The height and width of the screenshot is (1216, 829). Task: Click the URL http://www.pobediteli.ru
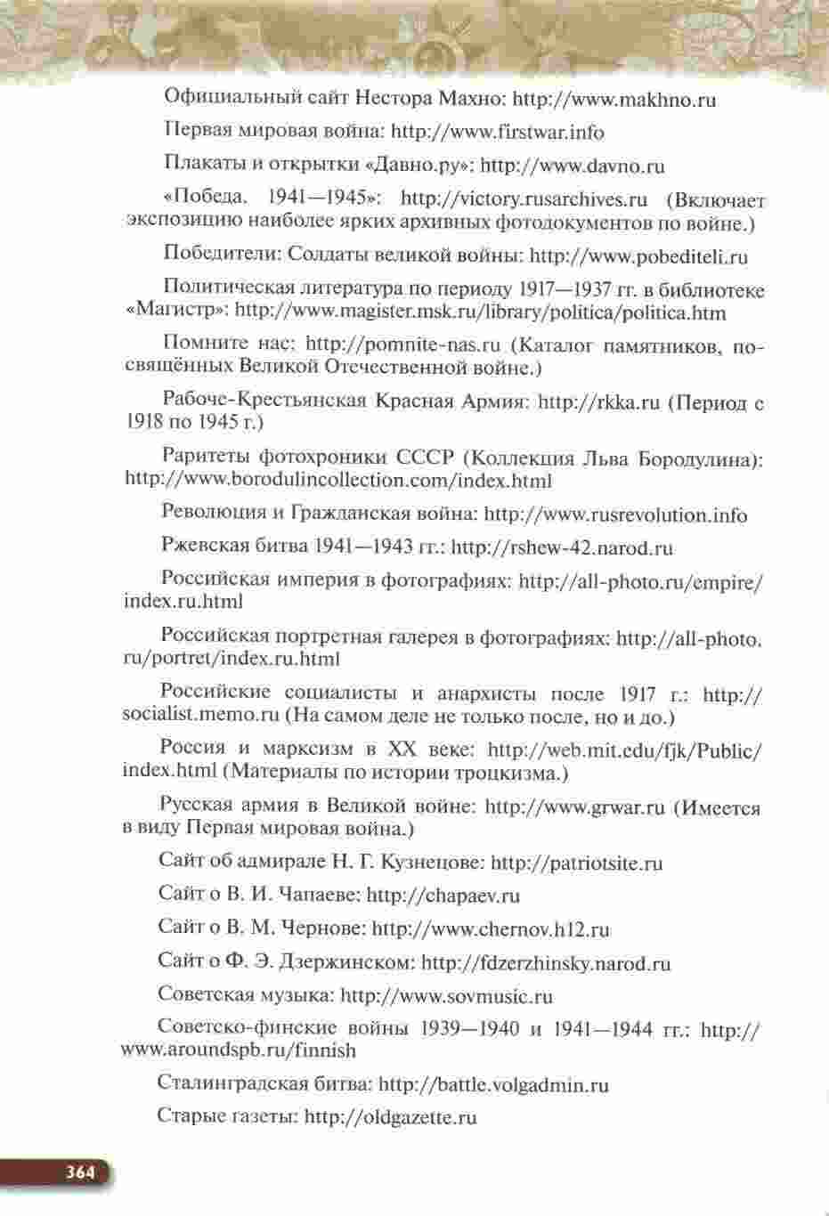[638, 257]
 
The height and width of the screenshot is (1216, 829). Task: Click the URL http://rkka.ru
[598, 401]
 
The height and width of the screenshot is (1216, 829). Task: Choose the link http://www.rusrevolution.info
[615, 515]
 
